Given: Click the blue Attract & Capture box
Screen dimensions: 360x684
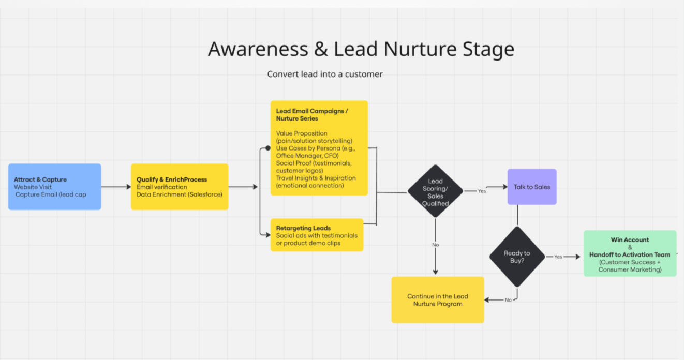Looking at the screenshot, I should click(54, 187).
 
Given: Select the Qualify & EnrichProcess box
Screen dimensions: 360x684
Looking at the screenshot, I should click(179, 187).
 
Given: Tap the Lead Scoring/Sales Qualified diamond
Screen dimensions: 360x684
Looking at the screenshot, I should click(435, 192).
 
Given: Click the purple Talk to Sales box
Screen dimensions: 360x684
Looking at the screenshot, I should click(531, 187).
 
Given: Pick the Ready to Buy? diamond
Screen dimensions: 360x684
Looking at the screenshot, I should click(517, 257).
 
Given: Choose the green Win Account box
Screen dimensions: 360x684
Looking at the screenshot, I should click(630, 253).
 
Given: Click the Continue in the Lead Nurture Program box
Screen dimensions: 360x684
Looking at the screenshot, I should click(437, 300).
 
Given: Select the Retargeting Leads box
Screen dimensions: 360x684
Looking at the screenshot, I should click(316, 235).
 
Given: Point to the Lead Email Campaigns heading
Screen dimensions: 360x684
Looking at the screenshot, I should click(312, 114).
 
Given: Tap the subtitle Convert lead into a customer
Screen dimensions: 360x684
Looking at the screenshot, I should click(325, 74).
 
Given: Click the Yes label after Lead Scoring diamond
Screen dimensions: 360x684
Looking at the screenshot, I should click(482, 191).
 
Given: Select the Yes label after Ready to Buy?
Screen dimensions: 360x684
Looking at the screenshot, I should click(558, 257).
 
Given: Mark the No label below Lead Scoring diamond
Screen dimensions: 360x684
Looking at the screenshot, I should click(435, 245).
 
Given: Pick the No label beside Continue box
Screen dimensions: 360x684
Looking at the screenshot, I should click(508, 300).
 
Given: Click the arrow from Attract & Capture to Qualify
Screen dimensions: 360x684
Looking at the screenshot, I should click(116, 187).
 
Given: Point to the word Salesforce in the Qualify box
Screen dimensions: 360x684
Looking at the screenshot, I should click(205, 194).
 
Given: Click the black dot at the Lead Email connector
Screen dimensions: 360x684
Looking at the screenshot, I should click(267, 148).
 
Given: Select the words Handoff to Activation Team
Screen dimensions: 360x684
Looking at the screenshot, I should click(630, 254).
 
